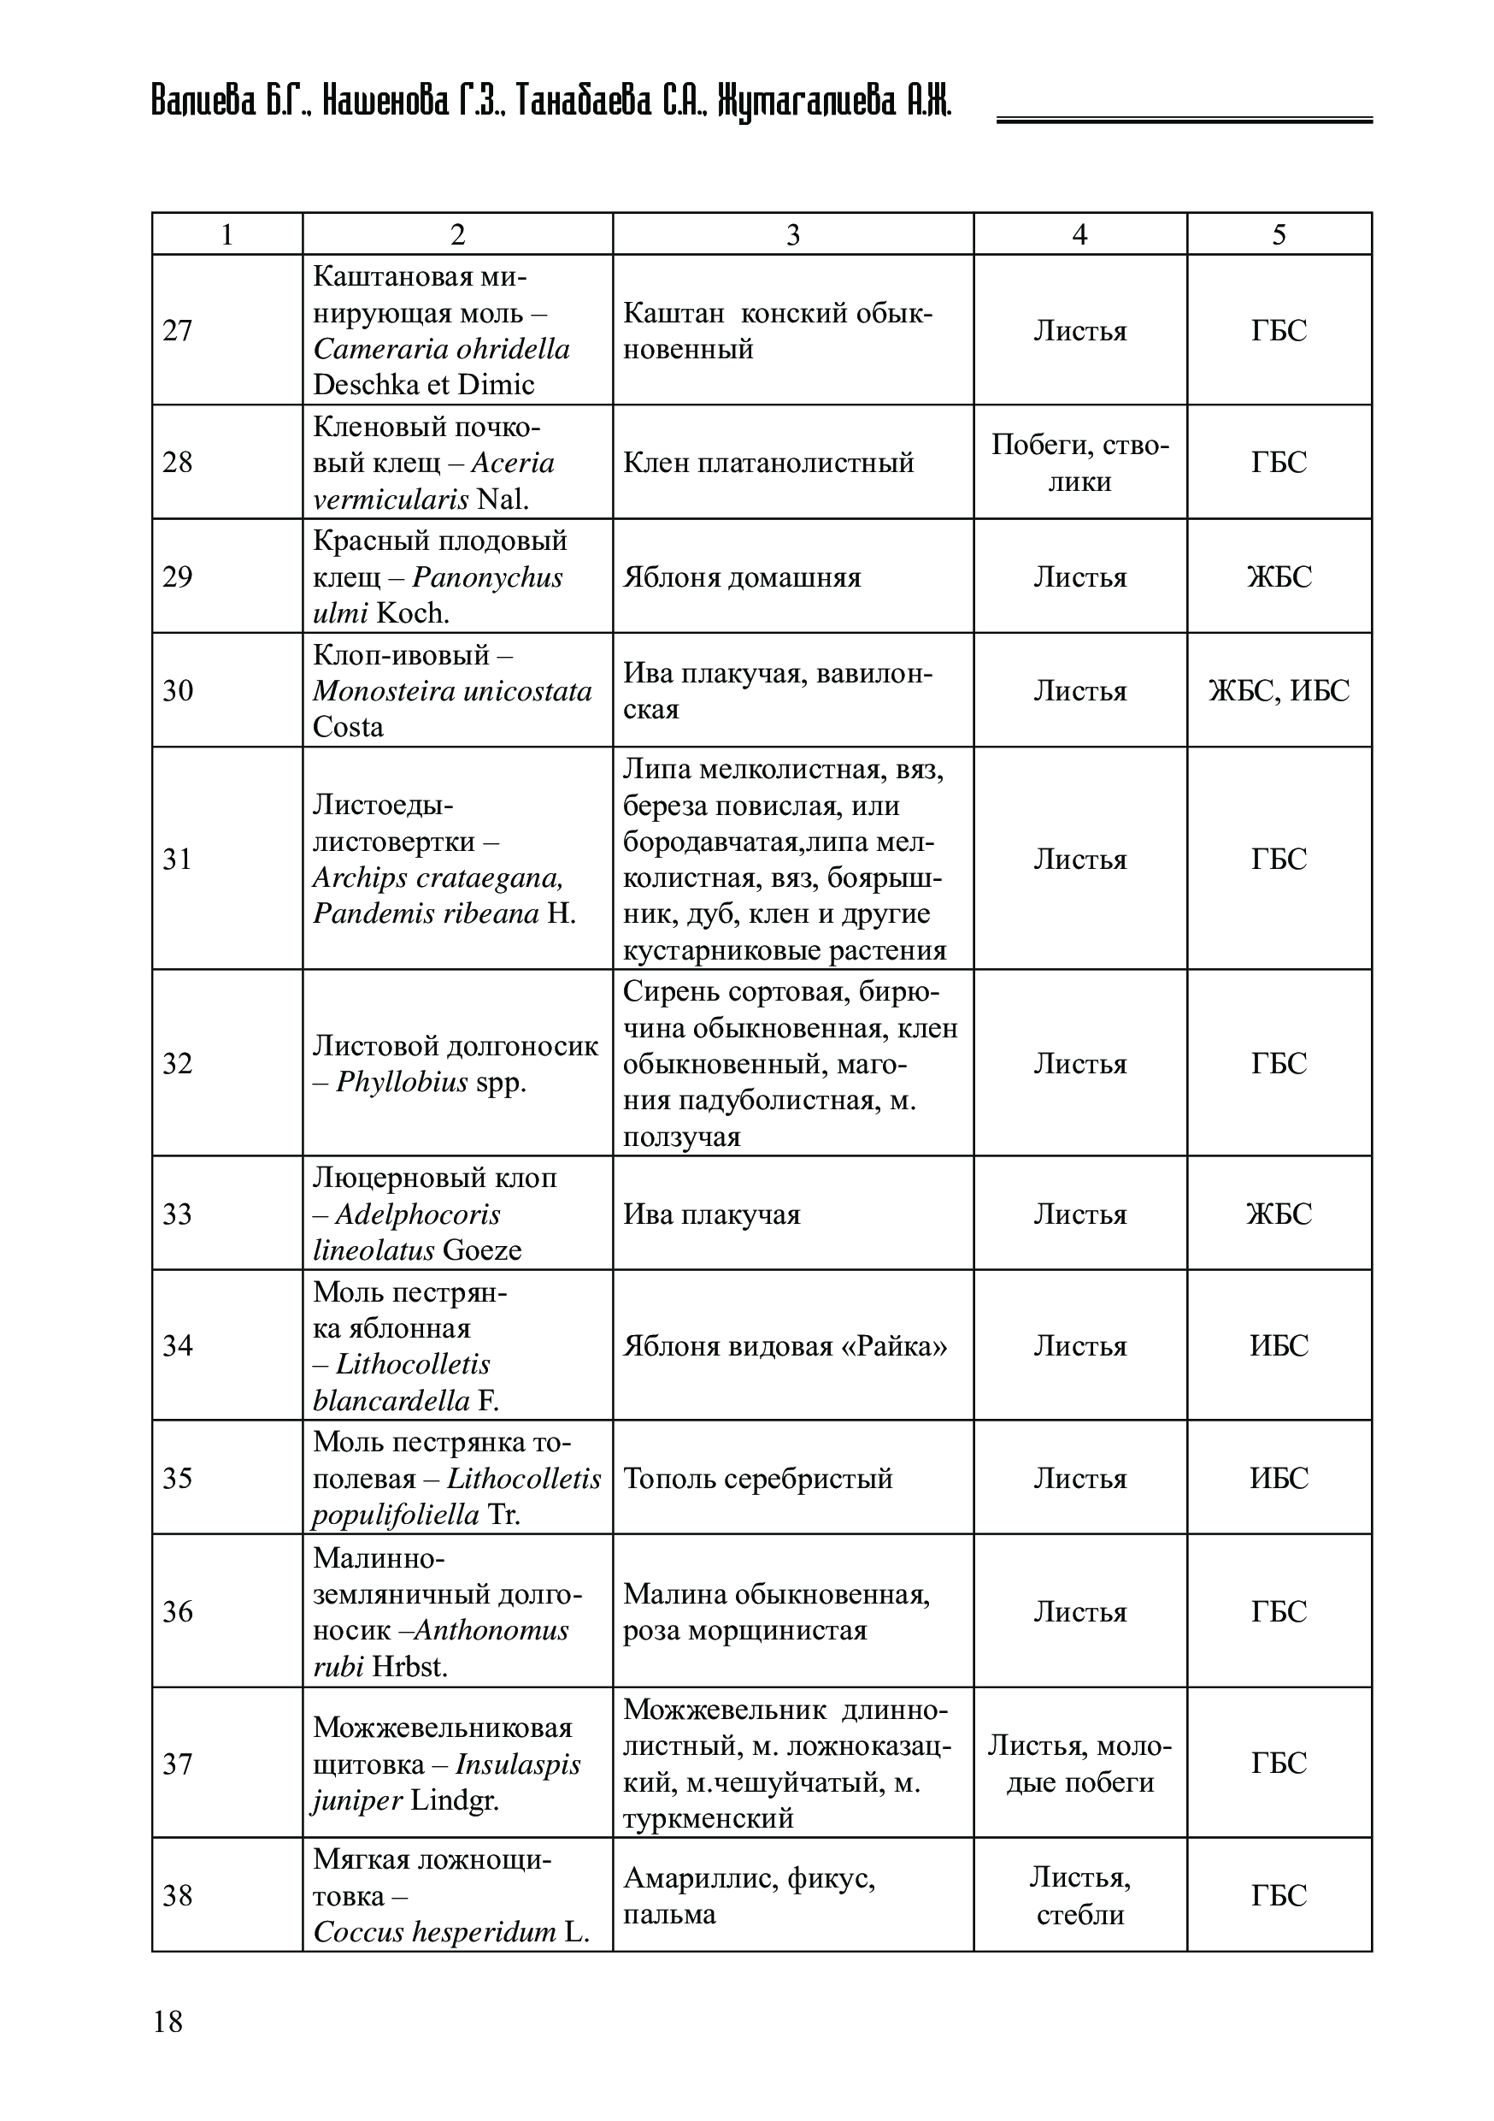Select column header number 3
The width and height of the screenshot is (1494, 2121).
792,234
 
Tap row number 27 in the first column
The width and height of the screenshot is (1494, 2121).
179,331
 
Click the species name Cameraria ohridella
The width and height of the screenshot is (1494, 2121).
441,349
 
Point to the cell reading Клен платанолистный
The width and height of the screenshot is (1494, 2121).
768,462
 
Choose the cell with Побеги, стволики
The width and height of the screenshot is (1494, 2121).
1079,463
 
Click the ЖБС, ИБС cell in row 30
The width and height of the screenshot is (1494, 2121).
1279,690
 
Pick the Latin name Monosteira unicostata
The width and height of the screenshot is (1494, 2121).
451,691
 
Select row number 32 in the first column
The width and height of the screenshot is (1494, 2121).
179,1063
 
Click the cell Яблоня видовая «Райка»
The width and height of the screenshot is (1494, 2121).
785,1345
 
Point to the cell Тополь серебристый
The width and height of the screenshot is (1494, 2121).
758,1478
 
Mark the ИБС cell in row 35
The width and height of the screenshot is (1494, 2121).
1279,1478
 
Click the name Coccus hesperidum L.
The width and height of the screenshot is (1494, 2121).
450,1932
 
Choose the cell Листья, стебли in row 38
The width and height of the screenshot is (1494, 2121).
1079,1895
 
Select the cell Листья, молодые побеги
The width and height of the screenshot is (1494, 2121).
1079,1764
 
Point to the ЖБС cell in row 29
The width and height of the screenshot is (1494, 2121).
1279,576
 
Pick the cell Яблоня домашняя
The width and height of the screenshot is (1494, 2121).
742,577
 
